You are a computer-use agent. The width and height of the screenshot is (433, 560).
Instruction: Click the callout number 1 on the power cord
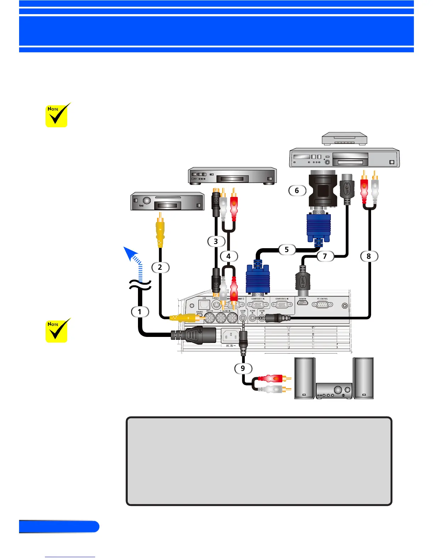click(x=140, y=311)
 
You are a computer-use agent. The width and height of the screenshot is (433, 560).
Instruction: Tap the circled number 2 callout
click(x=160, y=267)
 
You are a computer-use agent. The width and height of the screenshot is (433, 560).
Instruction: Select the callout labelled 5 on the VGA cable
click(x=287, y=250)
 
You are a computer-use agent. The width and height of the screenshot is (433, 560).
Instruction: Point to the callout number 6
click(x=297, y=191)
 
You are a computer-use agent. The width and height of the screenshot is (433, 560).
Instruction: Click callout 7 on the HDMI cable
click(x=325, y=256)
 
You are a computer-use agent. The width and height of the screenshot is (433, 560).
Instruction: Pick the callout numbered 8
click(x=369, y=256)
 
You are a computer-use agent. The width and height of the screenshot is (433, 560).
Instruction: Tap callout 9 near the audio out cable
click(x=243, y=368)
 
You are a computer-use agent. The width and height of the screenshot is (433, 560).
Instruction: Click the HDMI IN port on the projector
click(x=302, y=303)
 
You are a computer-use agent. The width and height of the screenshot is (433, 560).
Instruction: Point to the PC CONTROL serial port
click(x=322, y=304)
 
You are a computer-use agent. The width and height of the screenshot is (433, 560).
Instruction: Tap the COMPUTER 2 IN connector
click(x=282, y=304)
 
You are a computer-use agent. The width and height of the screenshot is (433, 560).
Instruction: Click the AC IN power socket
click(x=230, y=336)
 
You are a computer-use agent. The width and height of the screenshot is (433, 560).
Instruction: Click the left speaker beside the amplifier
click(x=305, y=378)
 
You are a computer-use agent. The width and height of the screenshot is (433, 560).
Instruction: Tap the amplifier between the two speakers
click(x=334, y=391)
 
